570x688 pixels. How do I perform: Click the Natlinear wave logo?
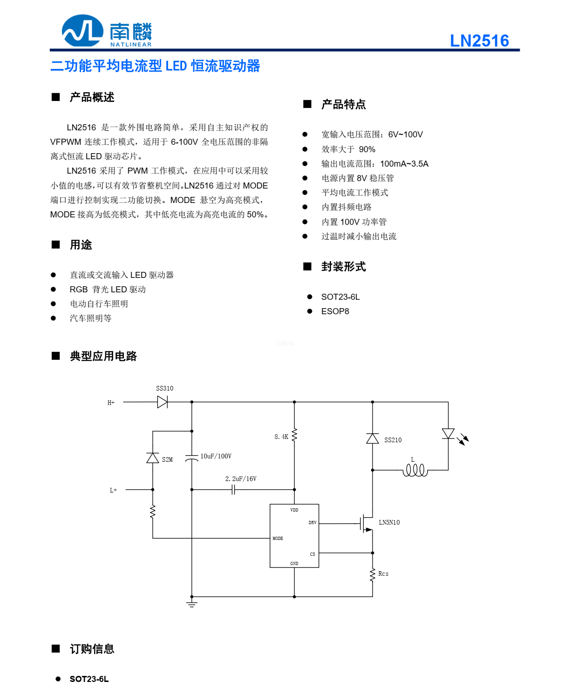click(82, 31)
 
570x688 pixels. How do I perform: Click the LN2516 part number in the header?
click(479, 41)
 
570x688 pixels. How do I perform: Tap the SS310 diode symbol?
click(163, 402)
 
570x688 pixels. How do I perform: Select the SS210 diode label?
click(393, 440)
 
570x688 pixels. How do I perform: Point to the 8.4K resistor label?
click(281, 437)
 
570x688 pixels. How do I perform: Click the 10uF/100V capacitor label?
click(216, 456)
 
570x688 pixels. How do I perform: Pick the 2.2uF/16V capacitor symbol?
click(233, 490)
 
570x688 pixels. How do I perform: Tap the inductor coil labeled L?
click(415, 470)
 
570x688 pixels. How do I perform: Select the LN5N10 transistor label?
click(389, 522)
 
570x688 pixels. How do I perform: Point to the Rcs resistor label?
click(383, 573)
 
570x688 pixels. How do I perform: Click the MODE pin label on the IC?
click(278, 539)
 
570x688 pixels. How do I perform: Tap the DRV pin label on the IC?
click(312, 523)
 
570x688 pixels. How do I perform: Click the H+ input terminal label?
click(111, 403)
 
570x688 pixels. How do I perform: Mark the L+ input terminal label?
click(114, 490)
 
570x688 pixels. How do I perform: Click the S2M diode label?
click(167, 459)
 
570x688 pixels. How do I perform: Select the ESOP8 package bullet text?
click(335, 311)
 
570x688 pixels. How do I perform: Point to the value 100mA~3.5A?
click(404, 164)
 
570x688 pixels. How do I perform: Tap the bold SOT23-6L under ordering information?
click(89, 679)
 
